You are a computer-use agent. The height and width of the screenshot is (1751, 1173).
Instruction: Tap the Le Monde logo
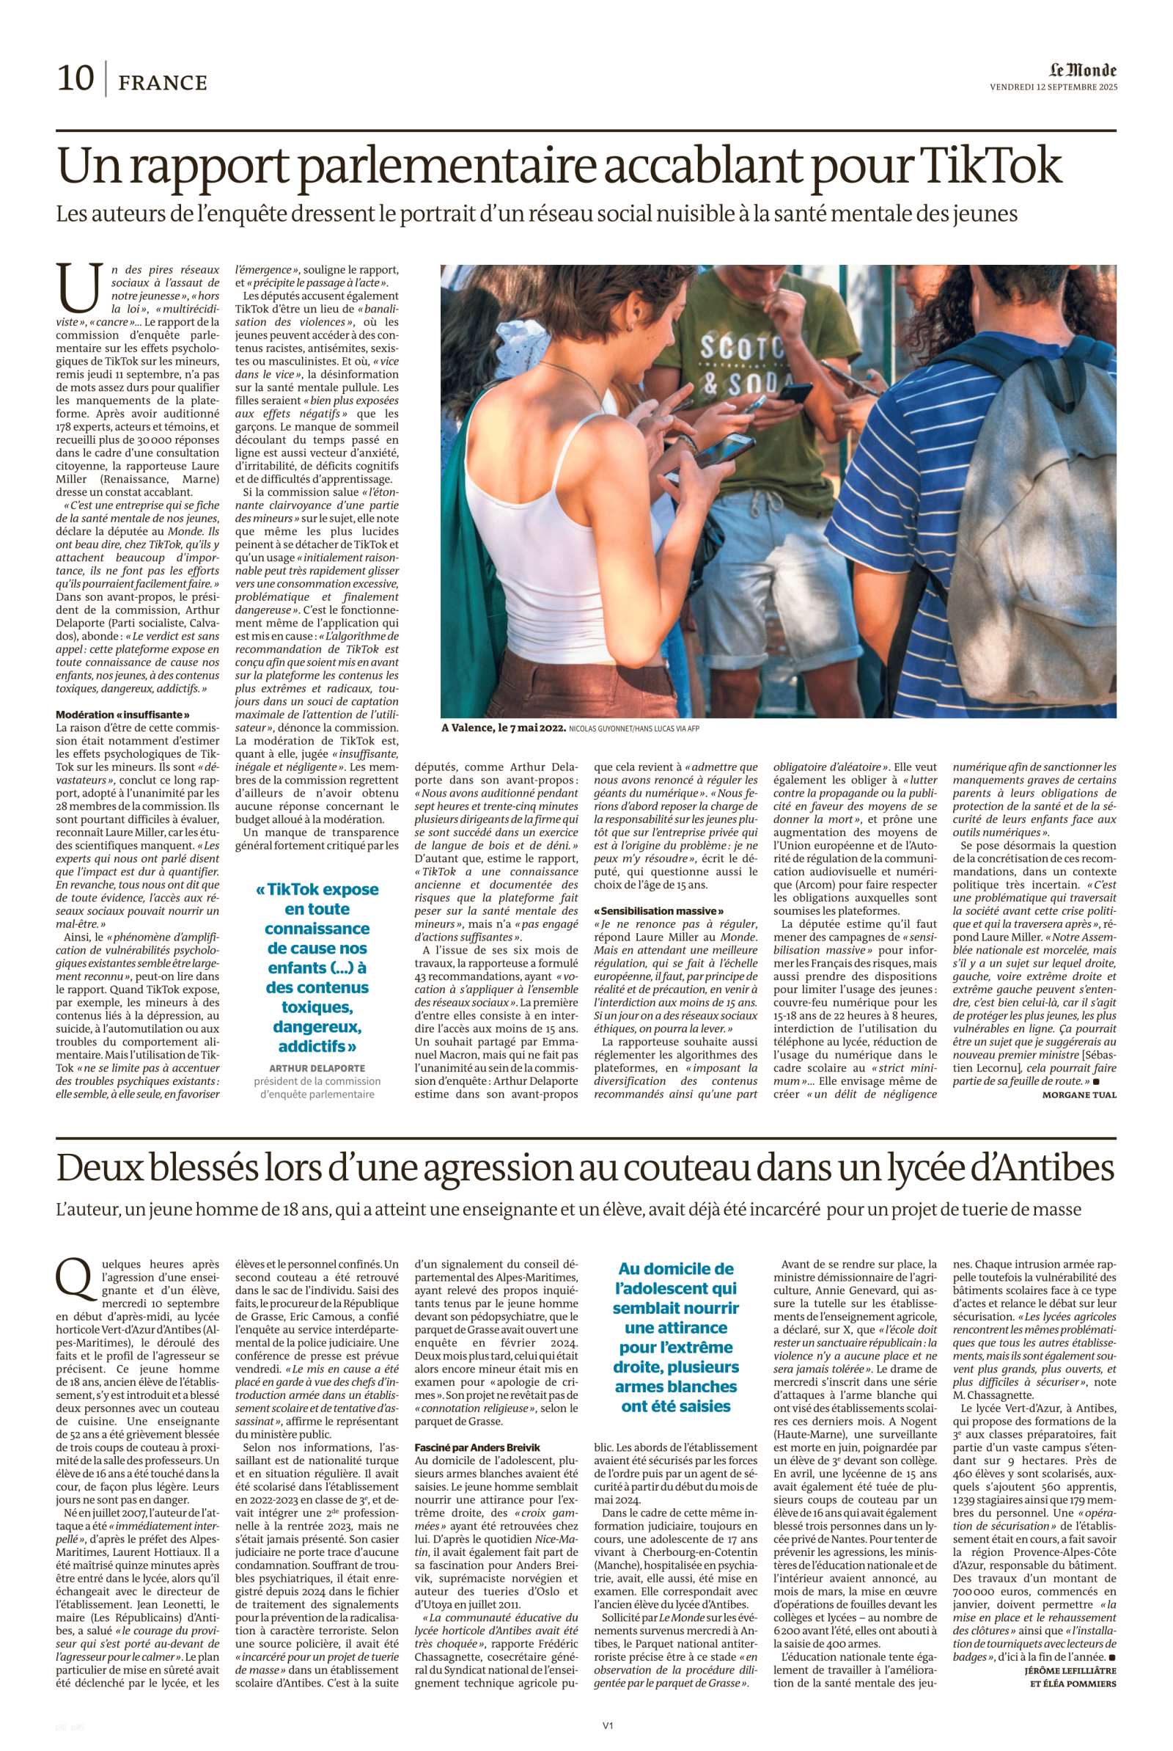tap(1082, 70)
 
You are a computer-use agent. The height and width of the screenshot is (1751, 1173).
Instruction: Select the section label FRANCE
tap(162, 81)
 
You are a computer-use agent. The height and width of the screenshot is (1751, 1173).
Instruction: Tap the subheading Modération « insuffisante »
tap(117, 714)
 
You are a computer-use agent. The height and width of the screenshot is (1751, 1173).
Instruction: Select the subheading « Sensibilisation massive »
tap(658, 910)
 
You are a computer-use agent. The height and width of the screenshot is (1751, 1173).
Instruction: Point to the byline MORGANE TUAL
tap(1078, 1094)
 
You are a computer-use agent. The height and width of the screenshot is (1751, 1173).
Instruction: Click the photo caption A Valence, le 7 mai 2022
tap(503, 728)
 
